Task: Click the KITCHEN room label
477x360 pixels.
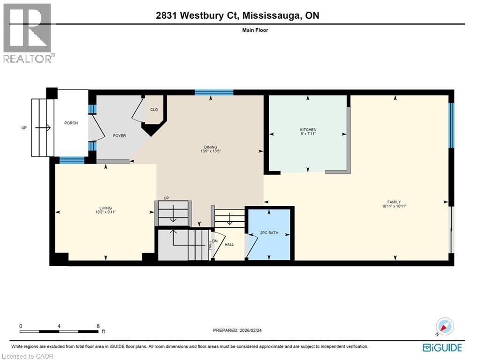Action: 308,130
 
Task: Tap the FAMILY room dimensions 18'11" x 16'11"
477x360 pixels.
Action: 394,206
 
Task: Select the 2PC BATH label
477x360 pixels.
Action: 269,233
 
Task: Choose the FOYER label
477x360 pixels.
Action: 120,136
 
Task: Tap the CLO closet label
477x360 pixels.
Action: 154,110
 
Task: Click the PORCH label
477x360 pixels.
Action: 71,123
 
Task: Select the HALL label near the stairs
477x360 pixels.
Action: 229,244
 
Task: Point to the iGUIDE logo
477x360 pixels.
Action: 442,347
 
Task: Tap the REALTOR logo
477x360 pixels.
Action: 28,33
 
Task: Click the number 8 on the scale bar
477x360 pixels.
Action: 98,326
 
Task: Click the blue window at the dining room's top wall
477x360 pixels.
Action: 214,92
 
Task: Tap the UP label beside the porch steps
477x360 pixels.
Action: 24,127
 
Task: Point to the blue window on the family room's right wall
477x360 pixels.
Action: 451,125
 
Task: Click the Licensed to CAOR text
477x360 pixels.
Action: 28,356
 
